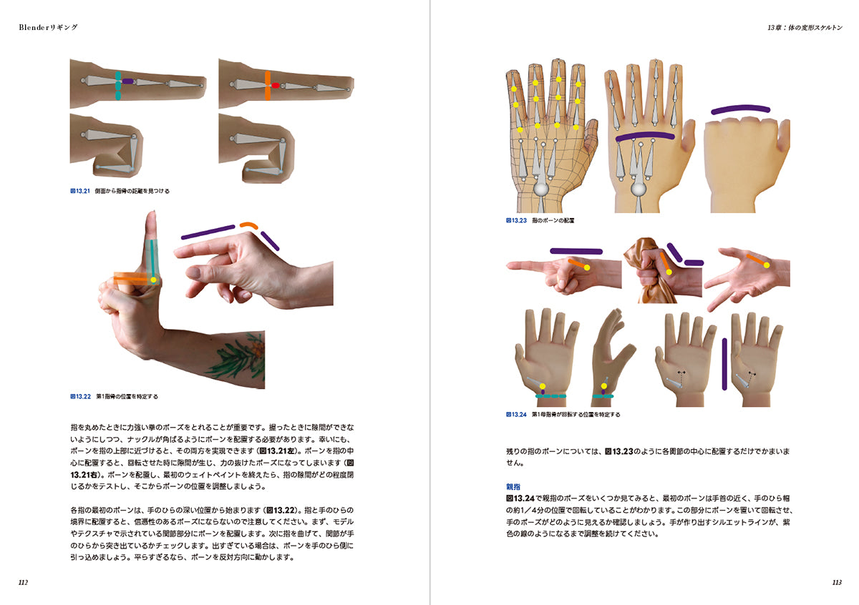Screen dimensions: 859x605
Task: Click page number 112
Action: tap(23, 582)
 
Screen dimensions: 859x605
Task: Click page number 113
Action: tap(837, 582)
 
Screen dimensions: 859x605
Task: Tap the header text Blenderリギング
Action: tap(48, 27)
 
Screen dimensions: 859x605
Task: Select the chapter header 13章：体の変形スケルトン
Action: tap(804, 28)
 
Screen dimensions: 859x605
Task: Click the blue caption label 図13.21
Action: tap(80, 191)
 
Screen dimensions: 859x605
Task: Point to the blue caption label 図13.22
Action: tap(80, 397)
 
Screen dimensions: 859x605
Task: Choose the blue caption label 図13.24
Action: tap(516, 414)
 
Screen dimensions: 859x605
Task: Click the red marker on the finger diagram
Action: tap(275, 85)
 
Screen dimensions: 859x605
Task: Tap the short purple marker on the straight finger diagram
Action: tap(127, 82)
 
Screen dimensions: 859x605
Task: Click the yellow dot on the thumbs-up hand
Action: tap(153, 280)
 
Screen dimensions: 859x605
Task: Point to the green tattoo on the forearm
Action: tap(237, 356)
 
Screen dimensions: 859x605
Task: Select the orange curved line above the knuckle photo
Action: tap(249, 225)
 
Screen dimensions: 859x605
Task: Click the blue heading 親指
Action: tap(513, 486)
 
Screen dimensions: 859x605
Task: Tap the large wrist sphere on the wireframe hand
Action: tap(541, 190)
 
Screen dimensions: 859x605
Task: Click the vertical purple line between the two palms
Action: tap(724, 364)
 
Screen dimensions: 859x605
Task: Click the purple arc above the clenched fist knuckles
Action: tap(740, 109)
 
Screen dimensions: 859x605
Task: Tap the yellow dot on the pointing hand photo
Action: tap(587, 268)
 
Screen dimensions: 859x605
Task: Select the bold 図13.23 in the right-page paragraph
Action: tap(619, 451)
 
